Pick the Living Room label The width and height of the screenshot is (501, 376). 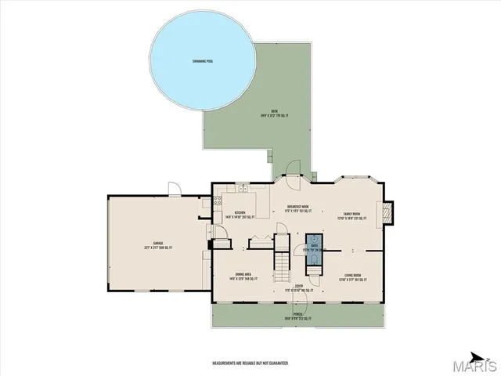(x=351, y=276)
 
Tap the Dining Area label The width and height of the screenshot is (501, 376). (x=242, y=276)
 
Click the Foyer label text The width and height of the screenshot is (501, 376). (x=298, y=288)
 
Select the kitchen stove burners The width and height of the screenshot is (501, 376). (x=207, y=204)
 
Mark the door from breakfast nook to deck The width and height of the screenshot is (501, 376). (x=295, y=174)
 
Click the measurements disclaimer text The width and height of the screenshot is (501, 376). (x=250, y=363)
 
